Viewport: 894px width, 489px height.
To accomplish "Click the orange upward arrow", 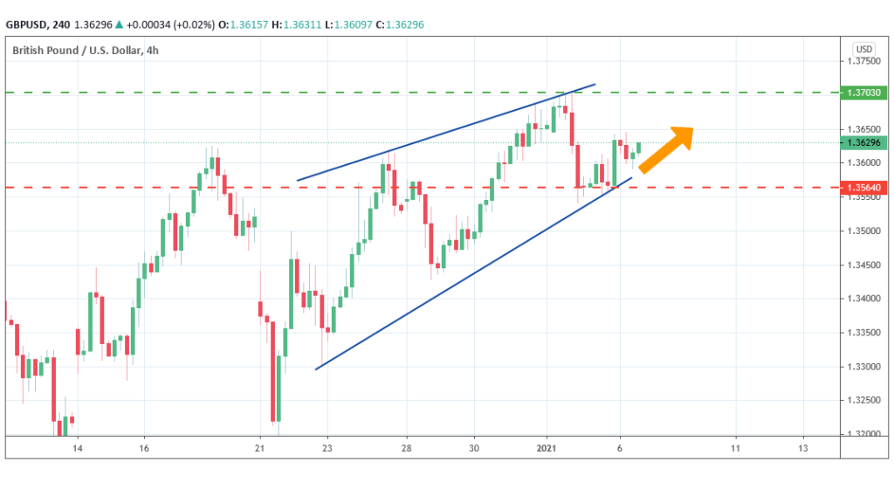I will [x=667, y=149].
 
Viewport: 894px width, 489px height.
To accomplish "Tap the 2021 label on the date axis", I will [x=547, y=448].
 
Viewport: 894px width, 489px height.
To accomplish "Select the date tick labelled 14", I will [x=78, y=448].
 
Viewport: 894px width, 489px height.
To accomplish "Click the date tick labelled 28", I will [x=407, y=448].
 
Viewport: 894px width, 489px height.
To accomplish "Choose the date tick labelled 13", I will [x=803, y=448].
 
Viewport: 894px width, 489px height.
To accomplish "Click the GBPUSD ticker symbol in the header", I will [x=32, y=25].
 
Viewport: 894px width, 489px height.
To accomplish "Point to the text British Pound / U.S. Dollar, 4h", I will [x=86, y=50].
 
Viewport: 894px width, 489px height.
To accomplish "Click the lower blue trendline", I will [x=471, y=277].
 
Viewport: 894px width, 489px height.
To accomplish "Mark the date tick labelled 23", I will [x=327, y=448].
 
